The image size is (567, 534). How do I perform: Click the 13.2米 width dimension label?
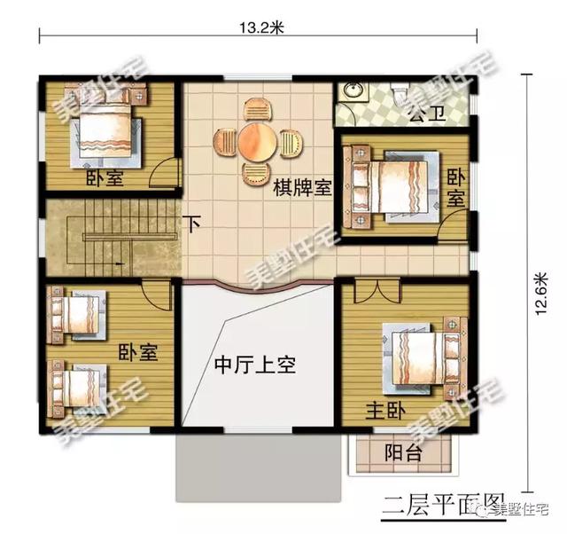coord(260,26)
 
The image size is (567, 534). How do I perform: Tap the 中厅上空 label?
coord(254,364)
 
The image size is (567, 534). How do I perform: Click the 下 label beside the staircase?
coord(192,224)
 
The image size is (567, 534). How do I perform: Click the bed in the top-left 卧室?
coord(105,127)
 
